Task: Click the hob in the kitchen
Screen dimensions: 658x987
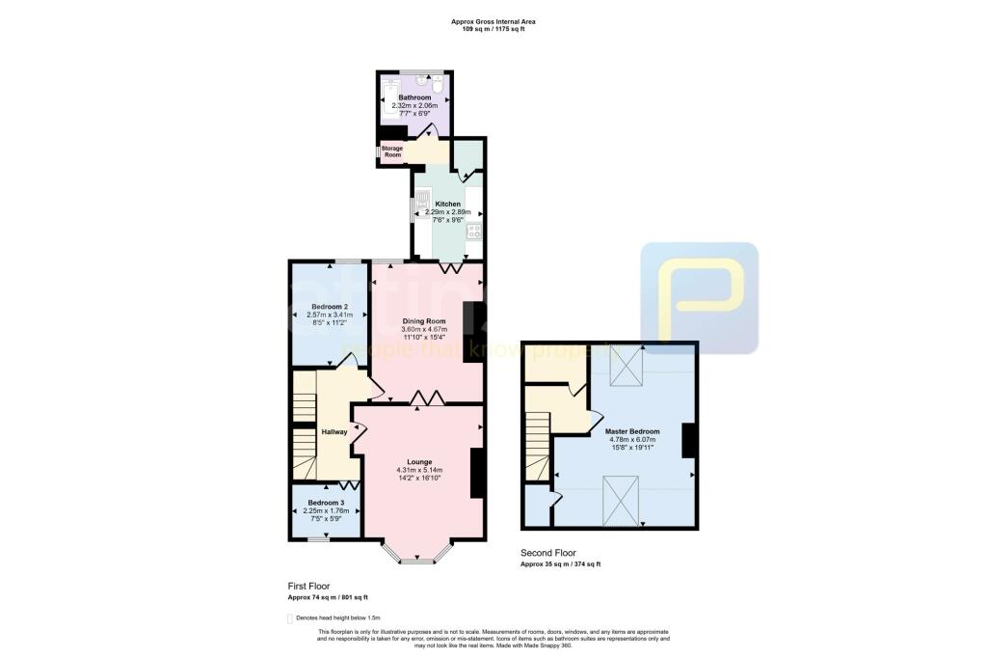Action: [x=473, y=229]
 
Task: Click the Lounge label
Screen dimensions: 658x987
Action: [x=418, y=461]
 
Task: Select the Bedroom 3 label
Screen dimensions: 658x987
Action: [x=325, y=503]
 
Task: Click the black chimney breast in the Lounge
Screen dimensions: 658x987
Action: [x=475, y=473]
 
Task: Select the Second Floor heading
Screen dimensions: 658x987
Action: [x=548, y=553]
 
